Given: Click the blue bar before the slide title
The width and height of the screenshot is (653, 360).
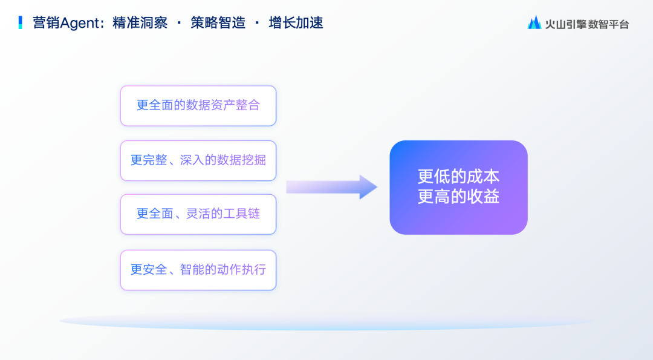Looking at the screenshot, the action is [x=20, y=22].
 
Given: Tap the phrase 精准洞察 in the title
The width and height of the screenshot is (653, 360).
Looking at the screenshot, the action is [x=140, y=23].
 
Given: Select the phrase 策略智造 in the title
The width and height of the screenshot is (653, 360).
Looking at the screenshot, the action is [x=218, y=23].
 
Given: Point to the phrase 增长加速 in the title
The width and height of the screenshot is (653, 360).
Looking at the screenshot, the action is [x=296, y=23].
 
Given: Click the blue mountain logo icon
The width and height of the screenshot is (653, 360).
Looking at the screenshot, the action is [x=534, y=22].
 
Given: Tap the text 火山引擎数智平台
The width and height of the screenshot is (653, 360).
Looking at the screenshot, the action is [x=586, y=25].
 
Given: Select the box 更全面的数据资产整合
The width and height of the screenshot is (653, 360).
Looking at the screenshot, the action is [x=198, y=106].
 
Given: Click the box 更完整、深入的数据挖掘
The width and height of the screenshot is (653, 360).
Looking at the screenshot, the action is [x=198, y=161].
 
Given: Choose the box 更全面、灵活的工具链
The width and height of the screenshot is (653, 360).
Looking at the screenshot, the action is [x=198, y=215].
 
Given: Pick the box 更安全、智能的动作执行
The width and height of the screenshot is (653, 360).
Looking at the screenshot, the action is [x=198, y=270].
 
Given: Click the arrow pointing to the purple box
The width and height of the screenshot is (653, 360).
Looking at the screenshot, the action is [x=332, y=187].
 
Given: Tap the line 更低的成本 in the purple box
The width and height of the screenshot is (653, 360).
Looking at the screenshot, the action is [x=458, y=177].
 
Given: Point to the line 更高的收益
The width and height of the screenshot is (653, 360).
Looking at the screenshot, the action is [x=458, y=197].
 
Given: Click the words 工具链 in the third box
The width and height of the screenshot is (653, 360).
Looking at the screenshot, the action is [x=241, y=214].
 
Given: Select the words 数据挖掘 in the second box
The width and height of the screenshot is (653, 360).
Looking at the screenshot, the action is [x=241, y=160].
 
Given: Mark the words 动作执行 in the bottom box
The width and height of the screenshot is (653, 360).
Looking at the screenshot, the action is [x=241, y=270].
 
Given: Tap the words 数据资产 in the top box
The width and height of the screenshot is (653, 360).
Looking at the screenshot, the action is [x=211, y=105].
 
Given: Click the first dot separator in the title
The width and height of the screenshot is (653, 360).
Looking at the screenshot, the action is [x=179, y=23].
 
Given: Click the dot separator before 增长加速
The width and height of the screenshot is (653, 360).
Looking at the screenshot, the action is [x=257, y=23].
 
